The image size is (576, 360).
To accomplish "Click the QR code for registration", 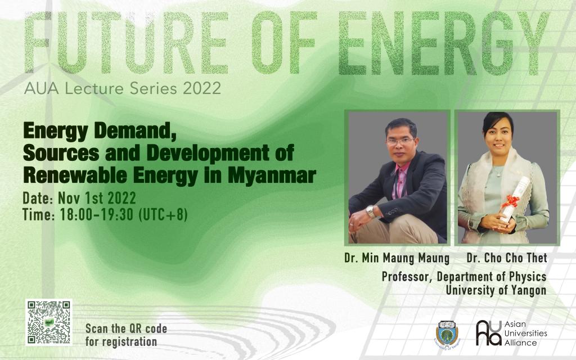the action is coord(49,322).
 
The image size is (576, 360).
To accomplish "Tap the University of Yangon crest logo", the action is coord(447,334).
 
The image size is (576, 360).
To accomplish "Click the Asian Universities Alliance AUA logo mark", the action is coord(489,333).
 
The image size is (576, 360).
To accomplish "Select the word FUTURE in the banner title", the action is coord(127,42).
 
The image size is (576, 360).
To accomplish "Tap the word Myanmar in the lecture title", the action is coord(272,175).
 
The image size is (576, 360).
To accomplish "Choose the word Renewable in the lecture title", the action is coord(76,175).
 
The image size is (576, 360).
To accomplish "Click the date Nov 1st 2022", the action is coord(97,199).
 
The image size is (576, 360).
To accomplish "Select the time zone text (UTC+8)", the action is coord(163,215).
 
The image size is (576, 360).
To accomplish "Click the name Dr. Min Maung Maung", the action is coord(397,258).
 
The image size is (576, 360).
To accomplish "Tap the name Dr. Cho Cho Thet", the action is coord(507,258).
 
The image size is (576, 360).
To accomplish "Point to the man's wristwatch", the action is coord(370,211).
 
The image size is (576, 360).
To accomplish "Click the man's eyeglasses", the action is coord(400,141).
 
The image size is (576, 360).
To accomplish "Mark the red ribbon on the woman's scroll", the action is coord(510,201).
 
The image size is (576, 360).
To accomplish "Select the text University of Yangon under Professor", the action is coord(496,290).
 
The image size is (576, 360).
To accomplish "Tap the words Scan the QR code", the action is coord(127,328).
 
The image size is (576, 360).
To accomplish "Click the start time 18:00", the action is coord(76,215).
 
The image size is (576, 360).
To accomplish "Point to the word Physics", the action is coord(528,277).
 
